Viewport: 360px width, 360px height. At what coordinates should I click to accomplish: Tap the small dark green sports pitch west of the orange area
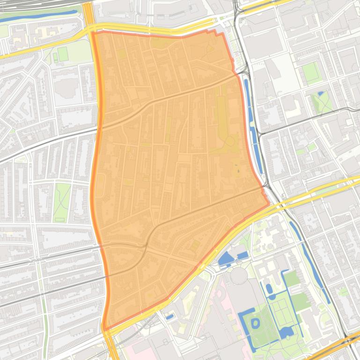click(x=62, y=54)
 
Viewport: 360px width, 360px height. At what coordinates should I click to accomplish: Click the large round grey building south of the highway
click(x=239, y=275)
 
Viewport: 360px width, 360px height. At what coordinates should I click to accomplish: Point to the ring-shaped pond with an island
click(x=256, y=323)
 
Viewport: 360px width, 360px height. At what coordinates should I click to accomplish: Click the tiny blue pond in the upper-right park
click(x=321, y=94)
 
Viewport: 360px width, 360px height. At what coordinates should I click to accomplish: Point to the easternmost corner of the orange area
click(x=269, y=203)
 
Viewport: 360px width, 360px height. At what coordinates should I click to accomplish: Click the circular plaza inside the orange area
click(x=230, y=141)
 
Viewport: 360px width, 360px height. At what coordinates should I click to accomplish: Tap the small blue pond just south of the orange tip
click(x=169, y=317)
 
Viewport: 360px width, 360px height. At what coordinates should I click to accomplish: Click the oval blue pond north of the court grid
click(x=269, y=288)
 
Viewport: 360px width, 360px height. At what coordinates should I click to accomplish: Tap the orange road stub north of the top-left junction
click(x=88, y=12)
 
